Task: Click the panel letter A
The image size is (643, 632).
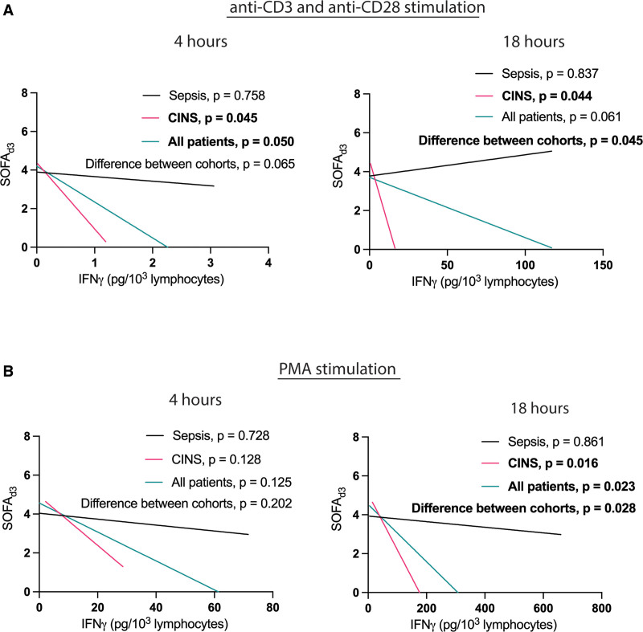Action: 8,10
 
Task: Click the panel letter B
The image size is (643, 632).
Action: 8,371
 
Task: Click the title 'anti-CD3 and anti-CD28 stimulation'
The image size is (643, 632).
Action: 357,7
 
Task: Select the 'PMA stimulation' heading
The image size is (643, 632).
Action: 338,369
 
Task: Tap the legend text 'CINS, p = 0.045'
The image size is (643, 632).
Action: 213,118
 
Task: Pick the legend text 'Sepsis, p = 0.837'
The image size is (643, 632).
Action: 550,74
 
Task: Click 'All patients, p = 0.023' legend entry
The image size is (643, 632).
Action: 571,486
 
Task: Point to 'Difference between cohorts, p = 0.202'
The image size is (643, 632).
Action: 186,503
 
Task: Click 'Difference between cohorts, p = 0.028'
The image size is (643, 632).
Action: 524,508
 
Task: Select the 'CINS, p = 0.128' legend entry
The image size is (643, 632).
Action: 216,459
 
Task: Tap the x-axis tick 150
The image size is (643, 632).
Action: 603,265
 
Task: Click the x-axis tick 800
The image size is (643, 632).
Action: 601,608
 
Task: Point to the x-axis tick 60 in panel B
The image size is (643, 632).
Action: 215,607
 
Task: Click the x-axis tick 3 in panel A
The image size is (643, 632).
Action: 211,263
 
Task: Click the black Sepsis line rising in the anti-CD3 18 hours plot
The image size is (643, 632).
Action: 461,164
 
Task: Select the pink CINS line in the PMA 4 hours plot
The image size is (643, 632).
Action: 84,534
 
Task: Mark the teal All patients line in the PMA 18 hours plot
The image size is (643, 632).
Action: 412,548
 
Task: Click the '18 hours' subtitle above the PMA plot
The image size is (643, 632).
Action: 539,409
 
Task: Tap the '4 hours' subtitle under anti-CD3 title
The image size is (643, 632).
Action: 200,42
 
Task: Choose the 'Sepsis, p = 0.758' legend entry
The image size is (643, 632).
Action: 217,96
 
